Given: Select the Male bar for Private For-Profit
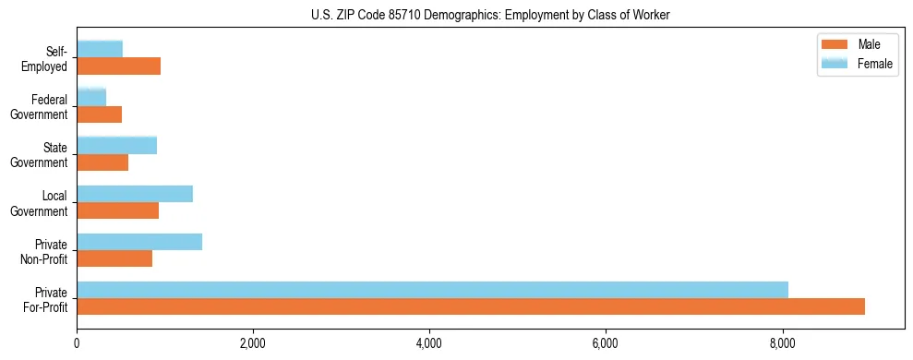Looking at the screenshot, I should (x=471, y=306).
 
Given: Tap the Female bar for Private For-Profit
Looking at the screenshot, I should (x=432, y=290).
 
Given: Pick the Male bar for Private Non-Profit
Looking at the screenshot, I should (x=114, y=258).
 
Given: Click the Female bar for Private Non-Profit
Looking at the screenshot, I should (x=139, y=242).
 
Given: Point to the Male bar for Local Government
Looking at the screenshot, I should (x=117, y=210).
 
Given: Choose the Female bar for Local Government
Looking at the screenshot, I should (x=135, y=194).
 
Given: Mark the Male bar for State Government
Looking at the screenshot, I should (x=102, y=162).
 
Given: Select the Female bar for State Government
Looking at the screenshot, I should (x=116, y=146).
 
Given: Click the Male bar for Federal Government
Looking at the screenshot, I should (x=99, y=114).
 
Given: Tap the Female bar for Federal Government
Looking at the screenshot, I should (x=91, y=97).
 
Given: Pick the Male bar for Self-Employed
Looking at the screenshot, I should (x=118, y=66).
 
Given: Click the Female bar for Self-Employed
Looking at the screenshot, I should (x=100, y=49).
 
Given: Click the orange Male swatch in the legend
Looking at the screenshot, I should (x=835, y=45).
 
